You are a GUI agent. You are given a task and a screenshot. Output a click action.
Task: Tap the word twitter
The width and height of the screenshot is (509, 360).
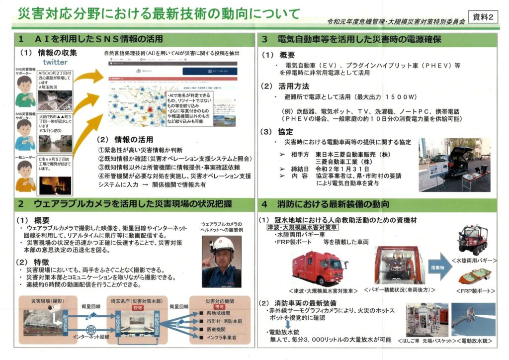55,62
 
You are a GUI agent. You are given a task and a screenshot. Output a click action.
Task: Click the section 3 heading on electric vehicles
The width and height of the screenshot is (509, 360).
358,39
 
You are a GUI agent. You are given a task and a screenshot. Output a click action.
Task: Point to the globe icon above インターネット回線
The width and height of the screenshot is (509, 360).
91,329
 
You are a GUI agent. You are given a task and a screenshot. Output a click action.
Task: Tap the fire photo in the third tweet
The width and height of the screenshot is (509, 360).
55,185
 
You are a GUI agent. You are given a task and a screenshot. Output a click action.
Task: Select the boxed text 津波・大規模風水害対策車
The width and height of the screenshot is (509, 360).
302,227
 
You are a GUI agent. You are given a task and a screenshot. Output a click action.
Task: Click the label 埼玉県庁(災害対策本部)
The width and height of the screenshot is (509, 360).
135,301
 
